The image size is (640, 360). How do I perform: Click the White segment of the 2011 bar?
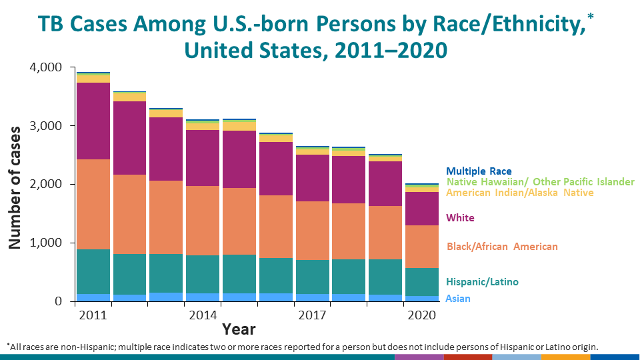click(93, 121)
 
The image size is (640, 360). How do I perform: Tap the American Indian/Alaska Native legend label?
click(520, 193)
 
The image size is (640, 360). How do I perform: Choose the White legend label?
click(461, 218)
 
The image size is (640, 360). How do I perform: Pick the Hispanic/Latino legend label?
click(482, 282)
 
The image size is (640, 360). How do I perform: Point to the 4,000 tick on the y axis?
click(45, 68)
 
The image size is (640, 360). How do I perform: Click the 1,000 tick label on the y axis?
click(45, 243)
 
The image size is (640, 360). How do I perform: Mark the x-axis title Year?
click(239, 329)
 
